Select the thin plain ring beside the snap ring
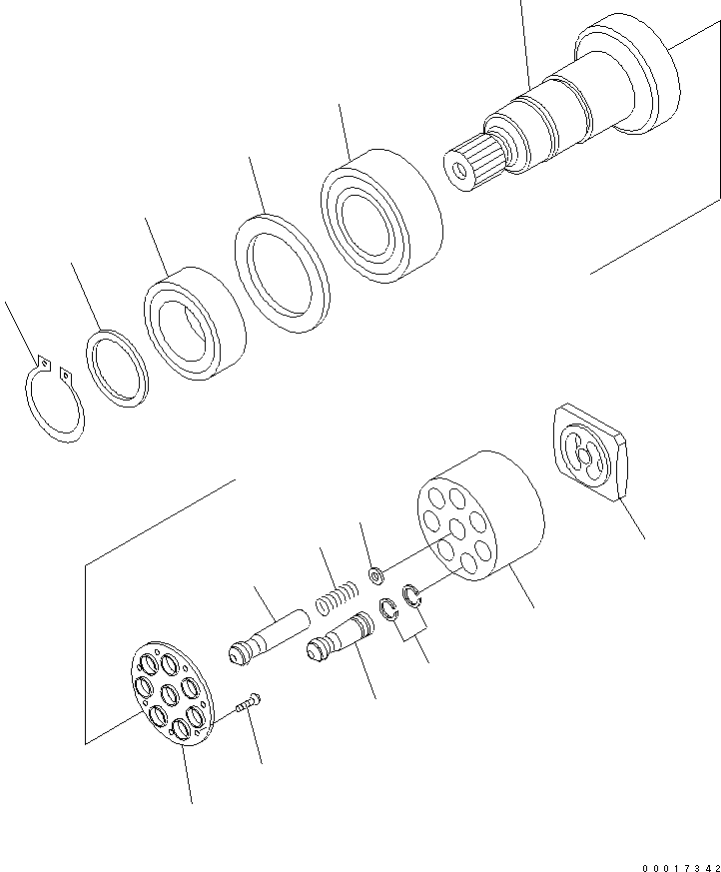117,370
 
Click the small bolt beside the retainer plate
247,704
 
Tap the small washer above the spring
376,575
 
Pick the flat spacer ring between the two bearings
282,273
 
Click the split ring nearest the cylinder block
412,597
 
